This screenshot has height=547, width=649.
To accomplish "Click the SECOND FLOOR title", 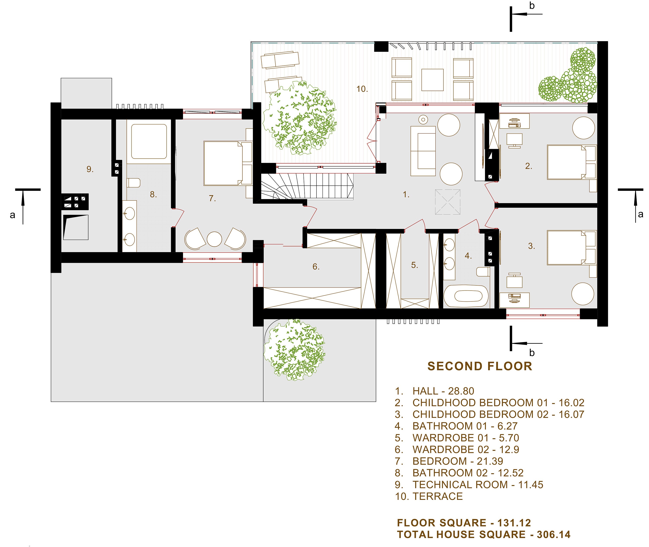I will click(480, 366).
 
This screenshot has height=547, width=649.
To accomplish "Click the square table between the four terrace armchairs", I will click(432, 80).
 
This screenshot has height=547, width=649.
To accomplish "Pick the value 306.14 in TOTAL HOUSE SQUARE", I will click(554, 535).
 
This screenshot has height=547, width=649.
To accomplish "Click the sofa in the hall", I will click(423, 151).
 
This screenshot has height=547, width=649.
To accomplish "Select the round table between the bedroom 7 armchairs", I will click(214, 239).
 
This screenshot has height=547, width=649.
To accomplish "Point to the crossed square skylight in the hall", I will click(447, 202).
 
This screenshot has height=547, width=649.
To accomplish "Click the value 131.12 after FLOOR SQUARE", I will click(514, 523).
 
